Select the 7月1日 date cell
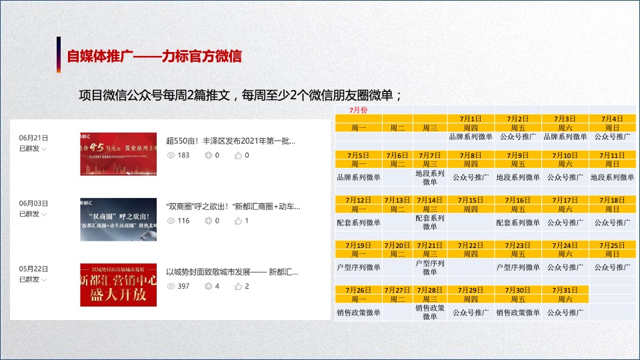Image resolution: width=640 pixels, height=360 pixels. pos(471,119)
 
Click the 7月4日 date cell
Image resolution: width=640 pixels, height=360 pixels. pos(612,119)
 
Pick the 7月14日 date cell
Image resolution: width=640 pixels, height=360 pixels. pos(430,200)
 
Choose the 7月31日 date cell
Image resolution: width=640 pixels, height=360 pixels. pos(565,290)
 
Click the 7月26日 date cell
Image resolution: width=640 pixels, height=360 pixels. pos(359,290)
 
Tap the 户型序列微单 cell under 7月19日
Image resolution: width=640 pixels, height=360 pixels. pos(359,267)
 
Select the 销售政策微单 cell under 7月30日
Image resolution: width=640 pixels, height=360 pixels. pos(518,312)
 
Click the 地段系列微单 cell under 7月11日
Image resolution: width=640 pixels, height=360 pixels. pos(612,177)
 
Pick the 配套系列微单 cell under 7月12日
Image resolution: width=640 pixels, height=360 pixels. pos(359,223)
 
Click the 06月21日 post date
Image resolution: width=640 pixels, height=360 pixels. pos(33,138)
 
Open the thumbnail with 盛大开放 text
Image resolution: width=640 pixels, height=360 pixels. pos(118,285)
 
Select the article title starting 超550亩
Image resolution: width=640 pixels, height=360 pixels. pos(230,141)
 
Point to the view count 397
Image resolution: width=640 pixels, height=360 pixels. pos(183,286)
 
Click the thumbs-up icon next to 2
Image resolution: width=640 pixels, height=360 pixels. pos(239,286)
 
